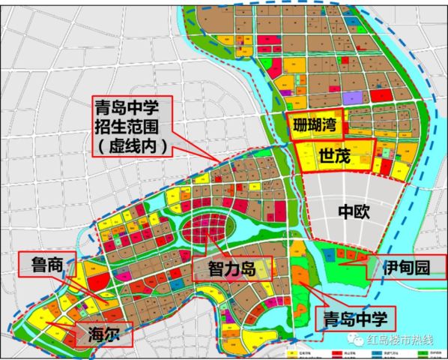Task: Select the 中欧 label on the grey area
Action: point(351,212)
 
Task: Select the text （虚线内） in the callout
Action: point(133,145)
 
